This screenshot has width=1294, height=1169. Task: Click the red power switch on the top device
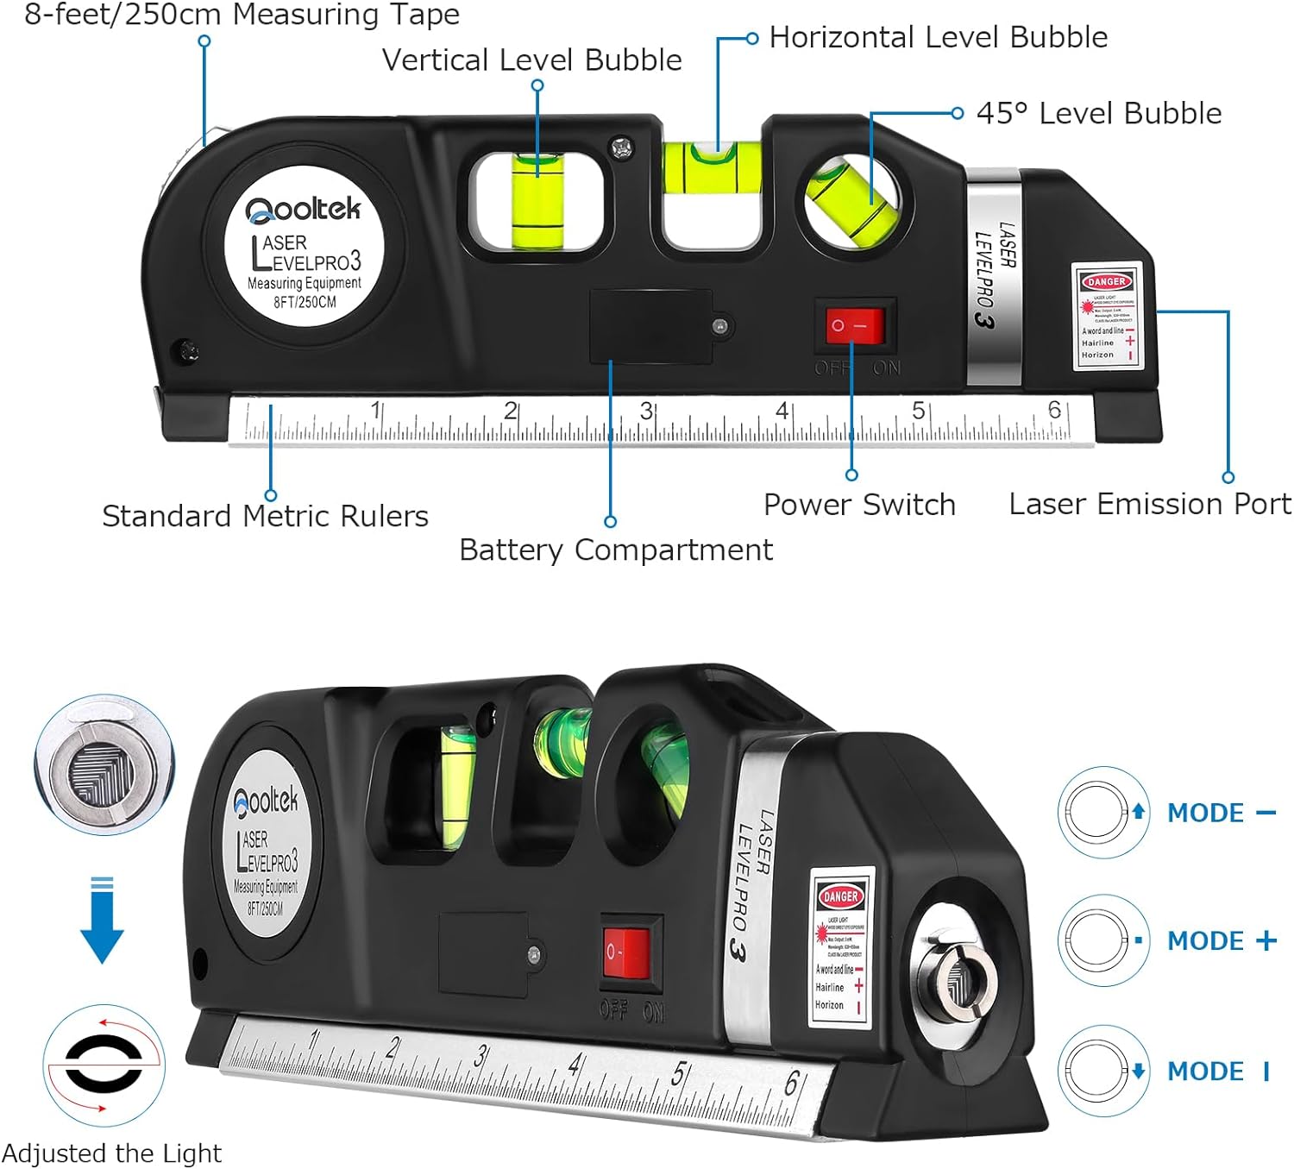(855, 326)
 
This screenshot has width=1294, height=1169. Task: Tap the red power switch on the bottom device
(625, 953)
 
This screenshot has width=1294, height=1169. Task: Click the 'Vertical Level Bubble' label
(531, 60)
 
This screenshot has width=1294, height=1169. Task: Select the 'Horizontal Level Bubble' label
(938, 37)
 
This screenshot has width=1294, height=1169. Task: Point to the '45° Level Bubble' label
(1098, 113)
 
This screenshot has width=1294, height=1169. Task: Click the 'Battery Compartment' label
(615, 550)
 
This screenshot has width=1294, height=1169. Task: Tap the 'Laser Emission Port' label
(1149, 504)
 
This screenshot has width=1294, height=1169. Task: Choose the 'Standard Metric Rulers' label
(265, 516)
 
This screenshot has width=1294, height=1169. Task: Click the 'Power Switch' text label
(859, 505)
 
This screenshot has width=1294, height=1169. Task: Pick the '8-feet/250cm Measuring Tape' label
(242, 15)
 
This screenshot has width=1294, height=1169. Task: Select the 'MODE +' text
(1221, 940)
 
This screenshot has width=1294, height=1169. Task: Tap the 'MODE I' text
(1217, 1072)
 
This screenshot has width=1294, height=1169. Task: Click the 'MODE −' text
(1221, 813)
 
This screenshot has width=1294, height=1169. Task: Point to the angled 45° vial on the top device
(851, 202)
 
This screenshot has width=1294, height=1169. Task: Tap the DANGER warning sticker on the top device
(1108, 317)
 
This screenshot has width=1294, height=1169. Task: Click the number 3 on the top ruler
(646, 411)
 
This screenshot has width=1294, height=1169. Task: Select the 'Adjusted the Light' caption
(111, 1153)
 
